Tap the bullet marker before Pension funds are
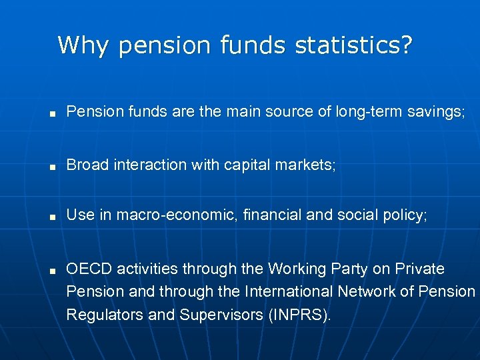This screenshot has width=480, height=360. [51, 113]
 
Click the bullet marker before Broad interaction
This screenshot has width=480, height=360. [51, 165]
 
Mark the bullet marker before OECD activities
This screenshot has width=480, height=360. [51, 270]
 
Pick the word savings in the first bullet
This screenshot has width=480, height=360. [435, 112]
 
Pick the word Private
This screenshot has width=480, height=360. [419, 269]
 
